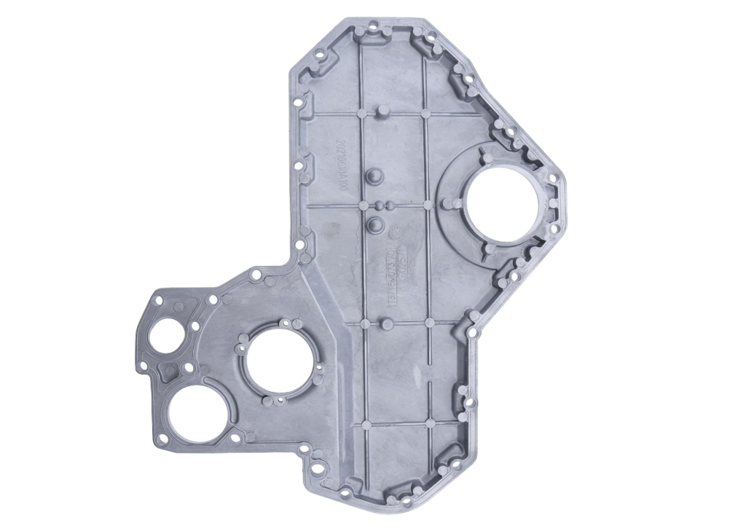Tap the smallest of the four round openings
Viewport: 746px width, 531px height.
point(166,336)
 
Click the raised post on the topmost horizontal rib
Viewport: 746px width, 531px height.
point(382,111)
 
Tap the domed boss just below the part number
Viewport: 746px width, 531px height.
point(374,176)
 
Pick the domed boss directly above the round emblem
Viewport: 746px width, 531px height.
point(375,224)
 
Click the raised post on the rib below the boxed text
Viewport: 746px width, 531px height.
point(387,323)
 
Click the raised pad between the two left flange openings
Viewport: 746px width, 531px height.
point(170,371)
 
